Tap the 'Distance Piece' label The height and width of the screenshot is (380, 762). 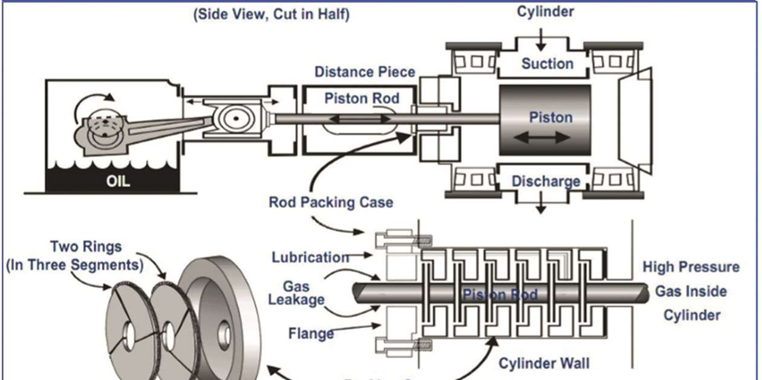[365, 72]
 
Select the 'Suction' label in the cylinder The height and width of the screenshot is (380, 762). [547, 64]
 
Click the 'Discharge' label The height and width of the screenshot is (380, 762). [545, 181]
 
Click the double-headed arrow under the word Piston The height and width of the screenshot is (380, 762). [542, 137]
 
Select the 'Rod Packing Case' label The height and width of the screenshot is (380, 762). [331, 202]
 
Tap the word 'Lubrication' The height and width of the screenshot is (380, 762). [310, 257]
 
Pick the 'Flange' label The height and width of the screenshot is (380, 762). [311, 333]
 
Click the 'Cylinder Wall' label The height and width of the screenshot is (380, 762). [544, 363]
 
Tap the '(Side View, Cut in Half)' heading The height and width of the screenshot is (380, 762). [271, 15]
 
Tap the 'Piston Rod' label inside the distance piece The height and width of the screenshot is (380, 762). [362, 98]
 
